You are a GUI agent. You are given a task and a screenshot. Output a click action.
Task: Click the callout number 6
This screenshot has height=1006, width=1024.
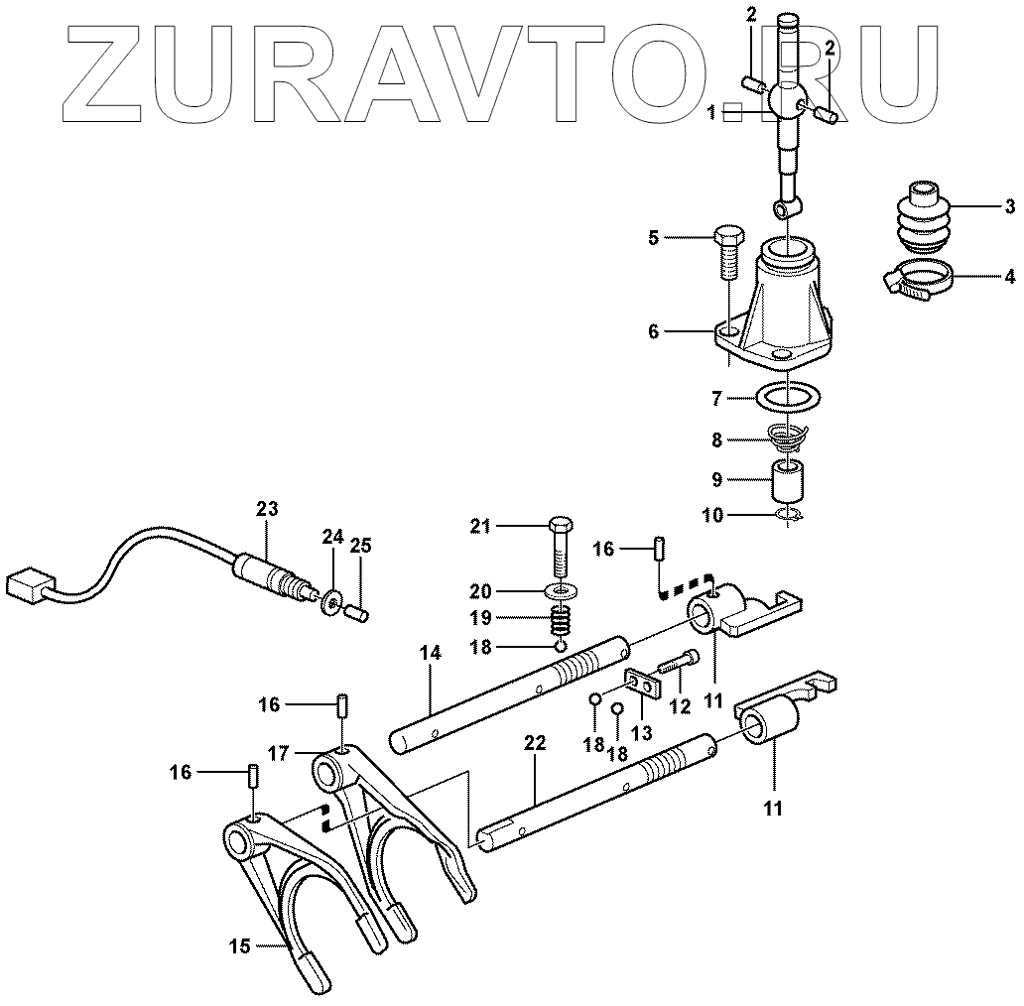[x=653, y=332]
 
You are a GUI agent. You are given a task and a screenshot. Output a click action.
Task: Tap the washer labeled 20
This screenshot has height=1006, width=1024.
[x=563, y=592]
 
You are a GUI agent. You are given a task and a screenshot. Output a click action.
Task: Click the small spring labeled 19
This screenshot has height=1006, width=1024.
[x=563, y=623]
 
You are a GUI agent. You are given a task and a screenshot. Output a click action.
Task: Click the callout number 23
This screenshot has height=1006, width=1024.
[x=266, y=509]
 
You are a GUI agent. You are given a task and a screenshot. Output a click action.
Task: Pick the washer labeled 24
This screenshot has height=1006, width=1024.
[x=331, y=600]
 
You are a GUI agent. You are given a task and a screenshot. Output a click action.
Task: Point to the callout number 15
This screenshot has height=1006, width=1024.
[x=239, y=946]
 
